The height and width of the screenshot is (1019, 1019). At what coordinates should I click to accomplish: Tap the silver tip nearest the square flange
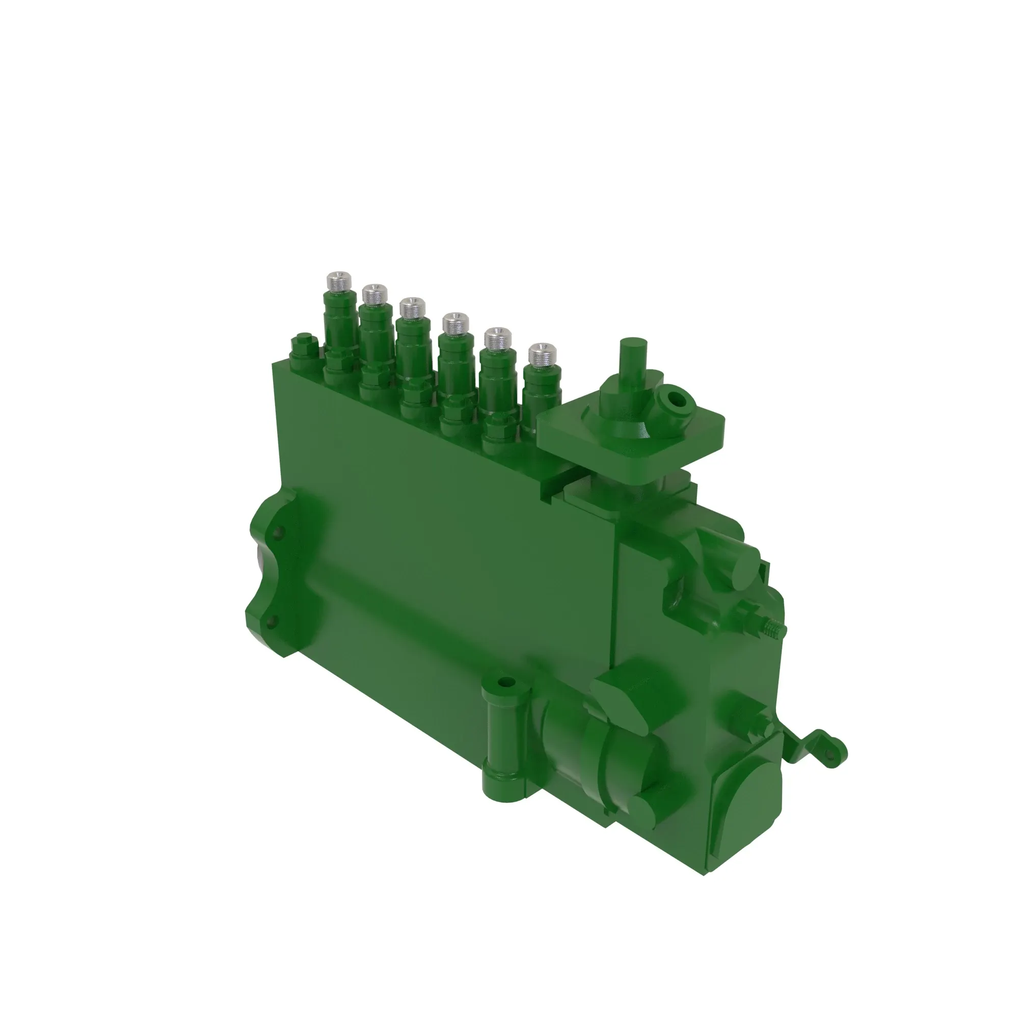pyautogui.click(x=543, y=355)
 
